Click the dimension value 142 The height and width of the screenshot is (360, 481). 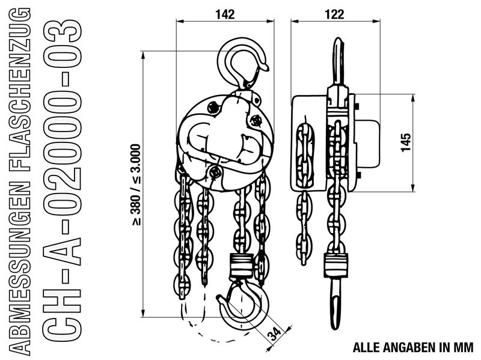[225, 14]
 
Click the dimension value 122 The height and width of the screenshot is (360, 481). [334, 14]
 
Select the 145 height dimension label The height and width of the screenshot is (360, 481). [406, 142]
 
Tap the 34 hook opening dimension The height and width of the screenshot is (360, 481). [274, 334]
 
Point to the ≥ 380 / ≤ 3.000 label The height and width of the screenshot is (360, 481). [136, 185]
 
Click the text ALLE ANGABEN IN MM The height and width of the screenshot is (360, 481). [413, 348]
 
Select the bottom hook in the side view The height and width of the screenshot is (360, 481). [336, 304]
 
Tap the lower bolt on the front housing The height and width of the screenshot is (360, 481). [215, 172]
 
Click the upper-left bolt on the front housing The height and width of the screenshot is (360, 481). [213, 108]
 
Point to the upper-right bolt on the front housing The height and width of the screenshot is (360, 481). [256, 121]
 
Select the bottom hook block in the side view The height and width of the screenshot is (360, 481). [336, 266]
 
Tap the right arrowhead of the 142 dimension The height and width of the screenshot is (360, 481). [270, 21]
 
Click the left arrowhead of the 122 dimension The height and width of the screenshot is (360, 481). [295, 21]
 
